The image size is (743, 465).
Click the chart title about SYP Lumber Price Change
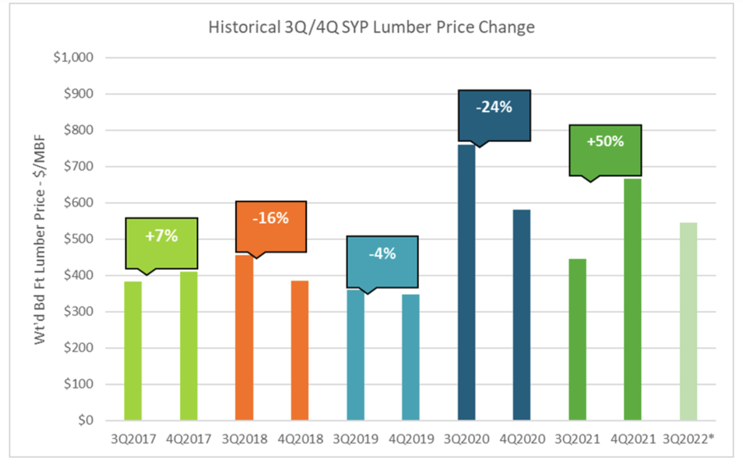coord(371,27)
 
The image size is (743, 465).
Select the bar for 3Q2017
coord(133,350)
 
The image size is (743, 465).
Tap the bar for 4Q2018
coord(300,350)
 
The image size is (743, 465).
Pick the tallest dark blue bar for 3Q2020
coord(466,283)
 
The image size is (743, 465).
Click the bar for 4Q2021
coord(633,299)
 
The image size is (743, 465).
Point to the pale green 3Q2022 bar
coord(688,321)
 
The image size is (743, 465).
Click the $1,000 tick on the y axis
coord(74,57)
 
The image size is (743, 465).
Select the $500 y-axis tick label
coord(78,239)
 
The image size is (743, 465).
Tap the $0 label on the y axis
coord(85,420)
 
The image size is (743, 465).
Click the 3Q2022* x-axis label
coord(688,439)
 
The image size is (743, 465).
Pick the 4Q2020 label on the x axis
coord(522,439)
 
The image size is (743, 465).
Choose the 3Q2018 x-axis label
coord(245,439)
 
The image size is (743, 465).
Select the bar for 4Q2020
coord(522,315)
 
